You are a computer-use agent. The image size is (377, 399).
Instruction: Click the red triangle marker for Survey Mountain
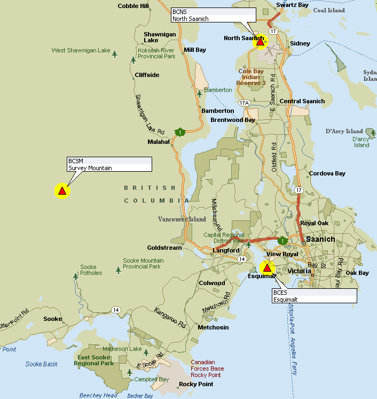point(62,190)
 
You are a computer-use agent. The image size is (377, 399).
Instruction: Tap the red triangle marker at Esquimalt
point(267,267)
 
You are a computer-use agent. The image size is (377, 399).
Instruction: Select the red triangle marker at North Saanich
point(261,41)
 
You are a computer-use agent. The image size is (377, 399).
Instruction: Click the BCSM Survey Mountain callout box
point(109,164)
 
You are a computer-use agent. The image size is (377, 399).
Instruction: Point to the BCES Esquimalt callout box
point(314,296)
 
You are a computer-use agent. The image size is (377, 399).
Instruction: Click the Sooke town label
point(53,319)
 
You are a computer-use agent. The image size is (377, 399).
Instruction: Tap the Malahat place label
point(159,142)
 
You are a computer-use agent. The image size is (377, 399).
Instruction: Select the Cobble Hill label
point(133,6)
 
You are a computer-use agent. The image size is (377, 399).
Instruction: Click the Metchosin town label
point(213,327)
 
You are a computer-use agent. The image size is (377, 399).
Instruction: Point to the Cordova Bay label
point(327,173)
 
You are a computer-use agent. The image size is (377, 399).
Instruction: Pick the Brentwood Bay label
point(233,120)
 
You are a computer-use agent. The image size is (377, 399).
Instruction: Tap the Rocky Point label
point(195,384)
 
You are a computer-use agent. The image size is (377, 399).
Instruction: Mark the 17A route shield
point(245,103)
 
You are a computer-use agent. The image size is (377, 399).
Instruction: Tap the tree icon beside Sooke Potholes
point(75,276)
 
